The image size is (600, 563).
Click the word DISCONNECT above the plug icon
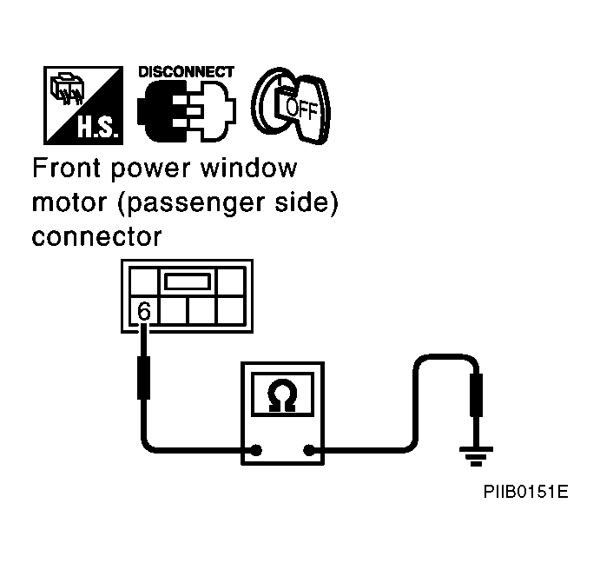click(x=186, y=72)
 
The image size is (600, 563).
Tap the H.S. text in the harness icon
click(x=98, y=127)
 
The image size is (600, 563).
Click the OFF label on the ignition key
click(x=302, y=109)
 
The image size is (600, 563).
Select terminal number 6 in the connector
click(x=144, y=311)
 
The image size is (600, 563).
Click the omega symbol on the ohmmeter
click(x=283, y=395)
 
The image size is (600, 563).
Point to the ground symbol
click(x=476, y=456)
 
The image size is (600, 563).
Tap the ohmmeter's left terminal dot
click(x=255, y=450)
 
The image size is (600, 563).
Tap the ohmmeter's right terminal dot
click(x=309, y=450)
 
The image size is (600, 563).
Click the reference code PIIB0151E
click(x=526, y=492)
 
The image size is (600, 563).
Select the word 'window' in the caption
click(x=248, y=169)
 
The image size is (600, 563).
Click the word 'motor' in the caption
click(x=69, y=202)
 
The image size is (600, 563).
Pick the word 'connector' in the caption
click(x=96, y=237)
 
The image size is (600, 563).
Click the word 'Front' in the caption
click(x=66, y=168)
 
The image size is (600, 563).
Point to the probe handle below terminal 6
click(x=143, y=378)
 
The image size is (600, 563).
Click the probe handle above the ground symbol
click(x=476, y=394)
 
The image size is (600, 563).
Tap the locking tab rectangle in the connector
click(x=188, y=281)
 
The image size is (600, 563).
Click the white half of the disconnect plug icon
click(x=216, y=111)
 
